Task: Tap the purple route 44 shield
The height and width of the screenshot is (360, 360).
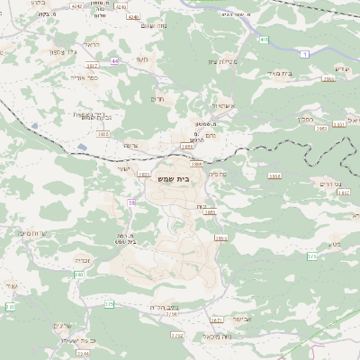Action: point(115,60)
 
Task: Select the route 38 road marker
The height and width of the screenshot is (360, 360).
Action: point(131,202)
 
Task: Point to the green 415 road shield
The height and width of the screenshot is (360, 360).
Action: point(264,40)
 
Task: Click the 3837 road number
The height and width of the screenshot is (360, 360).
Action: point(92,66)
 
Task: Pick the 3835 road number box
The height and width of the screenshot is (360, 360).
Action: point(103,134)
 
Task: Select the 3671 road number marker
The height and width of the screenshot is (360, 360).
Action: point(215,319)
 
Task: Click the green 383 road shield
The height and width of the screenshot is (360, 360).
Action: point(79,274)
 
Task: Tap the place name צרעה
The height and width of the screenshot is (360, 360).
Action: point(130,145)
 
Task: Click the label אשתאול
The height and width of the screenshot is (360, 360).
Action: point(223,106)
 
